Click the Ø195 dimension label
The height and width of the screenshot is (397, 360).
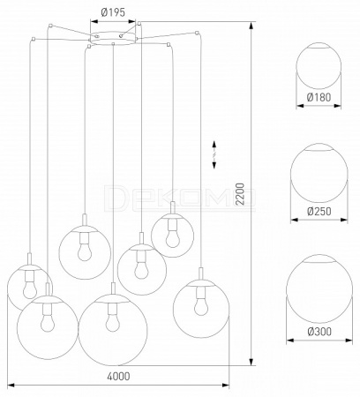pos(113,12)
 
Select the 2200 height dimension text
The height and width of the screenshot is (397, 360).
pos(240,194)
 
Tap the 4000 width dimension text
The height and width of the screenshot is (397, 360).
pos(118,376)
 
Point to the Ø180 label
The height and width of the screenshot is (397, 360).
pos(319,97)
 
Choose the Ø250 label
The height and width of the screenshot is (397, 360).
pos(319,211)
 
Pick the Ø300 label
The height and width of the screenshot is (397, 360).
pos(319,332)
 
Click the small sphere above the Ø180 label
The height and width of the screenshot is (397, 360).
pos(319,66)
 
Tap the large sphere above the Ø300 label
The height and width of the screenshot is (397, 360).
pos(319,289)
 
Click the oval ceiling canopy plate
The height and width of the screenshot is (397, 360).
pos(113,38)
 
